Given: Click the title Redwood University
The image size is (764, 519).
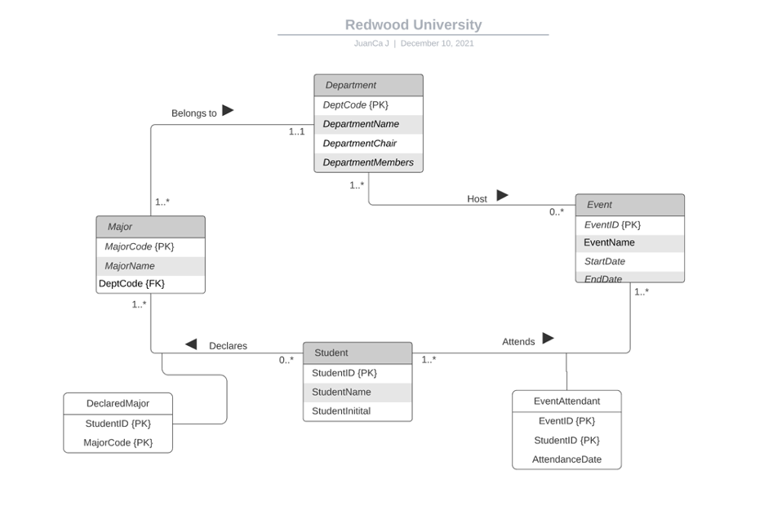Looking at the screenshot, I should click(x=413, y=25).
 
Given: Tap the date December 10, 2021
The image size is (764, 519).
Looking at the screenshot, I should click(x=437, y=43).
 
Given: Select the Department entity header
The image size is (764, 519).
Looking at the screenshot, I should click(x=368, y=85).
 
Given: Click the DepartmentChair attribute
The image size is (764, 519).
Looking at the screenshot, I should click(x=360, y=144).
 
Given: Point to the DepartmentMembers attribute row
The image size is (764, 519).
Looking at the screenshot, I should click(x=368, y=162).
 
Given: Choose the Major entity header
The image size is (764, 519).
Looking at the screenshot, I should click(x=150, y=227).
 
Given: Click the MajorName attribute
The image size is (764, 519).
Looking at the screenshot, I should click(x=130, y=266).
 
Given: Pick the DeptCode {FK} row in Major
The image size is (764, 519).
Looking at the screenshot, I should click(x=131, y=283).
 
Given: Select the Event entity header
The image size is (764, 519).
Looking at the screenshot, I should click(x=629, y=205).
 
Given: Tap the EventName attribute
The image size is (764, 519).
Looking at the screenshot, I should click(x=609, y=242).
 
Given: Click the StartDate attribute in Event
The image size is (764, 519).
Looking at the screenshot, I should click(x=605, y=261).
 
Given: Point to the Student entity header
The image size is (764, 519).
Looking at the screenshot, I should click(x=357, y=353).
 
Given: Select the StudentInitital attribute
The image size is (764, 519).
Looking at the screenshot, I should click(x=341, y=411).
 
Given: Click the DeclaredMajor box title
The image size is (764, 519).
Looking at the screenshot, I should click(x=118, y=403).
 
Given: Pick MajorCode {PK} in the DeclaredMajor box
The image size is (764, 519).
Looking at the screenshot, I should click(x=118, y=442).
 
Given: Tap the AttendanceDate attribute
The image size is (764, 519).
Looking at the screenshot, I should click(x=566, y=459).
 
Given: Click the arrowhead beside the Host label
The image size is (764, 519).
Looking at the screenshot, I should click(x=502, y=196).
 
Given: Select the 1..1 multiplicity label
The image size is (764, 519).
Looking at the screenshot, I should click(x=296, y=131).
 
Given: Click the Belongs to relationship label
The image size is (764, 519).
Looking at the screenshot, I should click(x=194, y=113).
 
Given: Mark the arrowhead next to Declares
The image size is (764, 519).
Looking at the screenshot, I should click(x=191, y=344).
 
